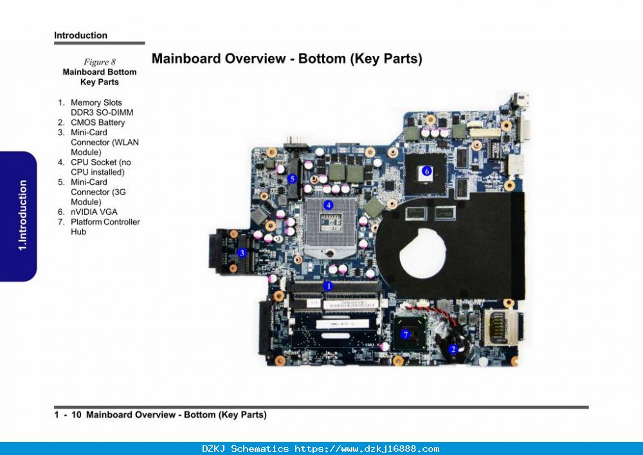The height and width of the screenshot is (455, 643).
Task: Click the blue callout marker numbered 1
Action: coord(328,286)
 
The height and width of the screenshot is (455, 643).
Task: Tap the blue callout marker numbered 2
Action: coord(453,349)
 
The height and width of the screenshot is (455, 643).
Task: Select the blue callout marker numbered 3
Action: coord(242,253)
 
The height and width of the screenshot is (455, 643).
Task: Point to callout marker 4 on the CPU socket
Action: coord(328,205)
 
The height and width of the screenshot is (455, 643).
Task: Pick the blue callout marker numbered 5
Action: coord(292,179)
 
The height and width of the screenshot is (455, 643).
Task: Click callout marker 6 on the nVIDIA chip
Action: coord(427,171)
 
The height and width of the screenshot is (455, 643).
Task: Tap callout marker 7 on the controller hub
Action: coord(406,335)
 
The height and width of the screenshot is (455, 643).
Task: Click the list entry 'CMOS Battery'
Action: coord(98,122)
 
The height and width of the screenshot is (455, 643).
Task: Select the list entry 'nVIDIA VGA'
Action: coord(94,212)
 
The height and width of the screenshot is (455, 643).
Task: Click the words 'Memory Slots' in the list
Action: coord(96,102)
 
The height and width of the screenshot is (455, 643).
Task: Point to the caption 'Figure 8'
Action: coord(100,62)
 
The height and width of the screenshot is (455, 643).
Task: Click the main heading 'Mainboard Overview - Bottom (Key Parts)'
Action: coord(287,59)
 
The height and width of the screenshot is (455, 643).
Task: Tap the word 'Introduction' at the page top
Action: coord(81,35)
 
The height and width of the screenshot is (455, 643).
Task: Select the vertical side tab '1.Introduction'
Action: coord(23,216)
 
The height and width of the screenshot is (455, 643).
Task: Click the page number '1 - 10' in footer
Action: coord(68,415)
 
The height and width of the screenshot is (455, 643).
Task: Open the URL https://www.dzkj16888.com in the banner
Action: coord(367,449)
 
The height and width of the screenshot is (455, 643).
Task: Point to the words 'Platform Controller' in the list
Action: coord(105,222)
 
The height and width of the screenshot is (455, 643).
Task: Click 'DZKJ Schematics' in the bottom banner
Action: coord(245,449)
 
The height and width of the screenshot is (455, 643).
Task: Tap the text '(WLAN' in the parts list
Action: coord(125,142)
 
